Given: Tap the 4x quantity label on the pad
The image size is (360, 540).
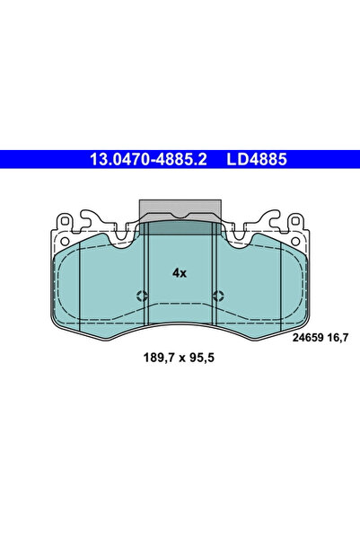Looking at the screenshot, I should pos(179,272).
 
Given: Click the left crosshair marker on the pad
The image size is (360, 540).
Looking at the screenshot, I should pos(140,297).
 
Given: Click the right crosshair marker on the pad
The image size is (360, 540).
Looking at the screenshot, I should pos(218,297).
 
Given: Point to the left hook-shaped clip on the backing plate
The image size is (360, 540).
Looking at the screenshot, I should pos(88,218).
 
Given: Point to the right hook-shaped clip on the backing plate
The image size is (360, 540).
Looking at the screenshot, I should pos(270,218).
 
